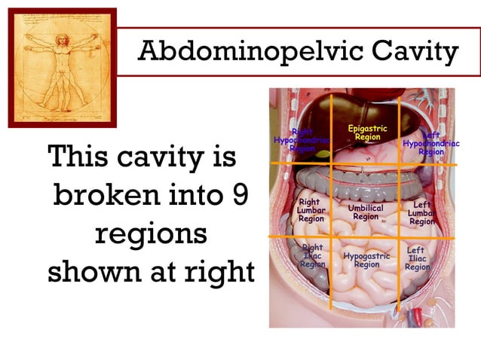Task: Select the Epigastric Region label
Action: pyautogui.click(x=367, y=133)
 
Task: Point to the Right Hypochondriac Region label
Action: pyautogui.click(x=302, y=141)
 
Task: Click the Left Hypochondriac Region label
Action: pyautogui.click(x=431, y=143)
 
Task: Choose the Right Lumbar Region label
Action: pyautogui.click(x=311, y=211)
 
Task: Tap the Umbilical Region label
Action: pyautogui.click(x=366, y=212)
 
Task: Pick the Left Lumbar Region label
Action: pyautogui.click(x=422, y=213)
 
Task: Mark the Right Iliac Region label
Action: pyautogui.click(x=312, y=256)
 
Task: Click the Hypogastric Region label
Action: pyautogui.click(x=367, y=260)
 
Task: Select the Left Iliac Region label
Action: pyautogui.click(x=418, y=258)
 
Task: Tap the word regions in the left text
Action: pyautogui.click(x=151, y=233)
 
